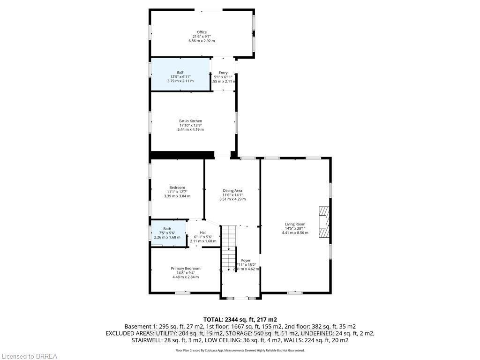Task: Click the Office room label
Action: (x=202, y=32)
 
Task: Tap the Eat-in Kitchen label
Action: (x=190, y=121)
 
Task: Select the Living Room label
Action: (x=295, y=224)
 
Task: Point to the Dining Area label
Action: (x=232, y=191)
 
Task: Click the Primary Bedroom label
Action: (x=186, y=269)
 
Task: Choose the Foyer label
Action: (x=246, y=260)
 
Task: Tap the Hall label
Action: (x=203, y=232)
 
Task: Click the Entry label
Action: (x=223, y=73)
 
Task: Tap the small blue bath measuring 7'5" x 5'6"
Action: (x=167, y=232)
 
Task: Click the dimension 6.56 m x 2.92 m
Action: (x=202, y=41)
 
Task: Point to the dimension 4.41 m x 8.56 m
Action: (x=295, y=232)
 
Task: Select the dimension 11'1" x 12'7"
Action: (x=177, y=192)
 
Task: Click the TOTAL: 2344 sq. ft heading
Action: (x=240, y=319)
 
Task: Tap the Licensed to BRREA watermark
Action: (x=29, y=356)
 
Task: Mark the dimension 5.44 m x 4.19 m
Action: (x=190, y=129)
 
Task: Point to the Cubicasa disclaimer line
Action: (x=240, y=350)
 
